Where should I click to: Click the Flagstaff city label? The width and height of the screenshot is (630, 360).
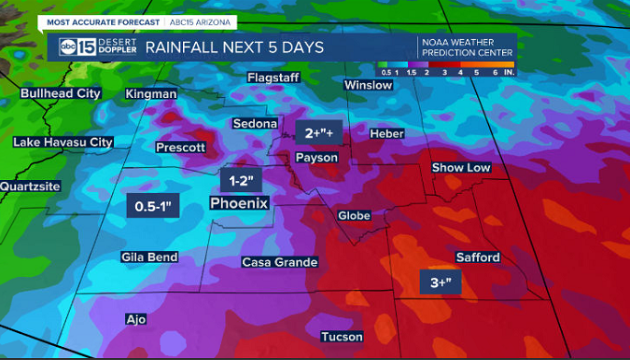273,77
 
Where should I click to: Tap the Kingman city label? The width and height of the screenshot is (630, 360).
151,94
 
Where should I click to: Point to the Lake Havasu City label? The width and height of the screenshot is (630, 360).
63,142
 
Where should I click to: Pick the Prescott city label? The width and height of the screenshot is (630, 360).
180,147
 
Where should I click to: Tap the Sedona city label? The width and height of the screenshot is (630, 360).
255,123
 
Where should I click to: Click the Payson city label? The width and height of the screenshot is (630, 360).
316,158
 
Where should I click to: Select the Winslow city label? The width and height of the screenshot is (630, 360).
369,85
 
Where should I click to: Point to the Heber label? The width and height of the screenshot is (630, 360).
386,134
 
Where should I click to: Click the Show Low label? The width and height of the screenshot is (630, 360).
461,168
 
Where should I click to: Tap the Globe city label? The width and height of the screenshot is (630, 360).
354,215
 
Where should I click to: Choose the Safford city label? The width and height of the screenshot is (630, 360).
478,257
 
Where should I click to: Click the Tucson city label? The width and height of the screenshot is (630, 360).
341,337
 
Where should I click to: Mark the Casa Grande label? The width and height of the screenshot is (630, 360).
280,262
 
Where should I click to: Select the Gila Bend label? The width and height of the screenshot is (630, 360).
150,256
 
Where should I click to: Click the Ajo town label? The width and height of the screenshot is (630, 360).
136,319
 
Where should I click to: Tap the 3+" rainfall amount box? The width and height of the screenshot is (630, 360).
441,283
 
